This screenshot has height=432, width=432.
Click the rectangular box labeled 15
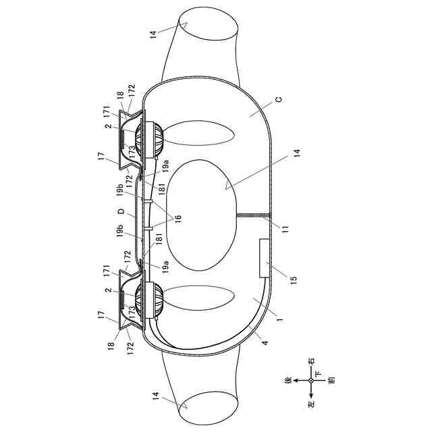(265, 258)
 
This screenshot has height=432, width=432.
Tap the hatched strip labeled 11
(254, 215)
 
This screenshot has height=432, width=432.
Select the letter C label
(279, 99)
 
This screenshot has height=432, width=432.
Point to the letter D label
(122, 212)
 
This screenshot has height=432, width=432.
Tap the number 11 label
(286, 229)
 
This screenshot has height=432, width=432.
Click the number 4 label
(265, 343)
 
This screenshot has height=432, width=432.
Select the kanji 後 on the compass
(288, 381)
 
